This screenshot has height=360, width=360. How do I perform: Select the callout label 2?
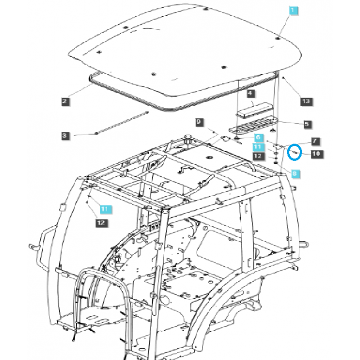(65, 102)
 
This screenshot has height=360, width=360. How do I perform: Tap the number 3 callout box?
(65, 135)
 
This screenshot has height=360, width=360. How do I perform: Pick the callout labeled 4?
(251, 94)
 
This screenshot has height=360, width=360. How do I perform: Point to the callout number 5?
(306, 124)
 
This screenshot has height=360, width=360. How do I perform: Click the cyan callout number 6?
(258, 137)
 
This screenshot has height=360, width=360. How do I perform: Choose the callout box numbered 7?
(315, 141)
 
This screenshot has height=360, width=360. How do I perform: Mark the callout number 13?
(306, 102)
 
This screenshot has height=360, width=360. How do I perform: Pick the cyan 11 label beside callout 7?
(257, 147)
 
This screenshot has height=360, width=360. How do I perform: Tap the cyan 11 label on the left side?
(104, 209)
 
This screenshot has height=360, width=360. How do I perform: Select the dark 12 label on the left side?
(101, 222)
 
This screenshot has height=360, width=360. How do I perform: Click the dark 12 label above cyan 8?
(257, 156)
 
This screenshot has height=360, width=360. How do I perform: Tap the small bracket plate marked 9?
(222, 138)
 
